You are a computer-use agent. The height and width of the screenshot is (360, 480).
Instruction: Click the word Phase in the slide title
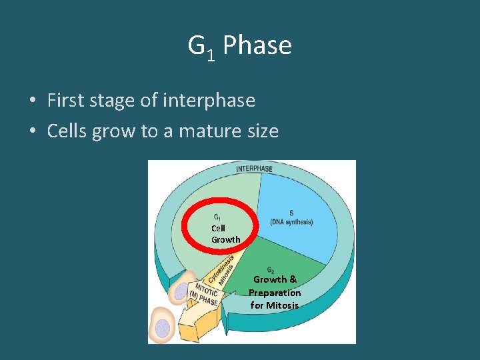257,46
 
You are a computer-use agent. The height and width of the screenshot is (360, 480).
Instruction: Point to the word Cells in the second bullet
67,131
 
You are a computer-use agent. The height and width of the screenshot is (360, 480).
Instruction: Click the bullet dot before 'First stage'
32,101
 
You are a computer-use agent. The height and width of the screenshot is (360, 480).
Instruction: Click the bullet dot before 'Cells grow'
32,132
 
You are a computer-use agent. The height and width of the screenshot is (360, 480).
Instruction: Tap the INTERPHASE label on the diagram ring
254,169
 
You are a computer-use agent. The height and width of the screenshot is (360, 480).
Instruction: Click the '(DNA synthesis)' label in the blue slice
291,222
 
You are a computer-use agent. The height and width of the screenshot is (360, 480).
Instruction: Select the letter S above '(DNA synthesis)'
291,213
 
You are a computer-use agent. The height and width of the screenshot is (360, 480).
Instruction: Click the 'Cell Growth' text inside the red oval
225,234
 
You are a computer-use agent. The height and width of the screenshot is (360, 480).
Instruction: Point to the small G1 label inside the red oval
218,217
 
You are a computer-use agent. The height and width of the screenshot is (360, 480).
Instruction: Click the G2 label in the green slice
271,270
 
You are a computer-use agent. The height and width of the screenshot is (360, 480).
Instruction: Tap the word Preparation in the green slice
275,293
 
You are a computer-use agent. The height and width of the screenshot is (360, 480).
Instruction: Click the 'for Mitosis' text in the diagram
275,305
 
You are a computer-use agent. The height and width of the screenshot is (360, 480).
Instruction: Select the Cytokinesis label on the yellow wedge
221,270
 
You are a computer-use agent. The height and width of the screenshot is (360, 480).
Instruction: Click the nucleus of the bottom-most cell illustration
162,327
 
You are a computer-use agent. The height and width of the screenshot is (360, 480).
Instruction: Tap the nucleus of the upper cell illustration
181,291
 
